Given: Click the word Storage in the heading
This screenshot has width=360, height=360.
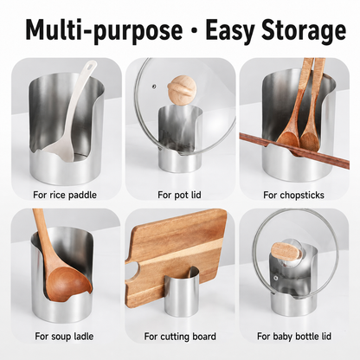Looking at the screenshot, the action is [304, 29].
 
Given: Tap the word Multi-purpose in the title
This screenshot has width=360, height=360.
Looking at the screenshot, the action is [105, 29].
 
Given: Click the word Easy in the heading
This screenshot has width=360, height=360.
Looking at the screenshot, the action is [229, 29].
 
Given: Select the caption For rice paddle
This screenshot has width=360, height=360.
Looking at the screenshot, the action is [65, 195].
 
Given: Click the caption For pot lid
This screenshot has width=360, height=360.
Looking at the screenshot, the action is [179, 195].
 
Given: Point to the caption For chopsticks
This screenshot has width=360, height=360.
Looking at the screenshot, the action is [293, 195].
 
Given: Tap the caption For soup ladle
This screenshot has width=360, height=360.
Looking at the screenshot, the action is [64, 337].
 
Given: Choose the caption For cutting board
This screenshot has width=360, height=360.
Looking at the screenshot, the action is [180, 337].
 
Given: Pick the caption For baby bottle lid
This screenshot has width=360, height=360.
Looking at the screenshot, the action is [294, 337].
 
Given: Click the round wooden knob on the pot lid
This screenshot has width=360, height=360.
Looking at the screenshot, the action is [177, 87].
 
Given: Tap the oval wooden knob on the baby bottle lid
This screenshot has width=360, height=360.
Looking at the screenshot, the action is [284, 253].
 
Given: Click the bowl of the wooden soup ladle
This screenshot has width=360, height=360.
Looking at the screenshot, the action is [69, 283].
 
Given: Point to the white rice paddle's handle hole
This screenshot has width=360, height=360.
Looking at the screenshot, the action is [92, 67].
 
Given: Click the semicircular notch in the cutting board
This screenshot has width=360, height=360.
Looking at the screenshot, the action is [132, 269].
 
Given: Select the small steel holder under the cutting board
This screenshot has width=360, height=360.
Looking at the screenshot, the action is [182, 291].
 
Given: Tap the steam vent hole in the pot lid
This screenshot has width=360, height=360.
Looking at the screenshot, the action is [154, 86].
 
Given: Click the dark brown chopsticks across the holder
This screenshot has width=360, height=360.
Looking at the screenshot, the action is [294, 151].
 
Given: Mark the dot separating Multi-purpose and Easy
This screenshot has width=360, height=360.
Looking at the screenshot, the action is [194, 30].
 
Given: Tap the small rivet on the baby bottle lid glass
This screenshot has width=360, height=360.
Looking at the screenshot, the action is [276, 279].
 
